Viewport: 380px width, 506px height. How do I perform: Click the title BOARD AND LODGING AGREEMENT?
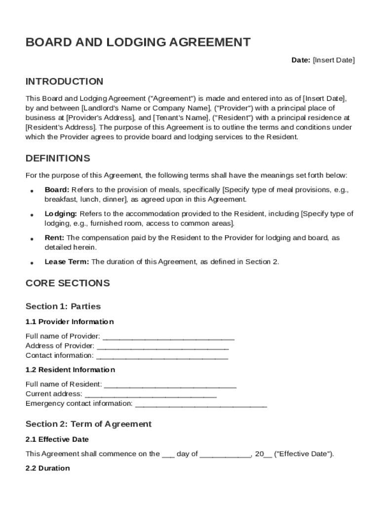pos(138,42)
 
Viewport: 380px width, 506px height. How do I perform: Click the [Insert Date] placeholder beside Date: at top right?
pos(334,60)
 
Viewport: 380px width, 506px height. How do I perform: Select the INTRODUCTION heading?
pos(64,82)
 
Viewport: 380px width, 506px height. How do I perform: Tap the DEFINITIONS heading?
pos(58,159)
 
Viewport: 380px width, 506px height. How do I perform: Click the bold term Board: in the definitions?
pos(57,190)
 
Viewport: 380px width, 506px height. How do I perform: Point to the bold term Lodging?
pos(61,214)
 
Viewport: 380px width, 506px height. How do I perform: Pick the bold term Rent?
pos(54,238)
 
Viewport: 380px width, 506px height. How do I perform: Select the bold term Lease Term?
pos(67,262)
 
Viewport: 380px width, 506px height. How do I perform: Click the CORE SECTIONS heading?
pos(68,284)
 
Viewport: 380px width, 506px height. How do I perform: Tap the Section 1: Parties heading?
pos(63,306)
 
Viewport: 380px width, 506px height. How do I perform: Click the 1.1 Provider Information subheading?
pos(70,322)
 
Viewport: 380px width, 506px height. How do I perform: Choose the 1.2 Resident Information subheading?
pos(70,370)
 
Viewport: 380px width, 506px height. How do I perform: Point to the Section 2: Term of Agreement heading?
pos(88,424)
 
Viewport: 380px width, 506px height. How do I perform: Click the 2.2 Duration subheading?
pos(48,468)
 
